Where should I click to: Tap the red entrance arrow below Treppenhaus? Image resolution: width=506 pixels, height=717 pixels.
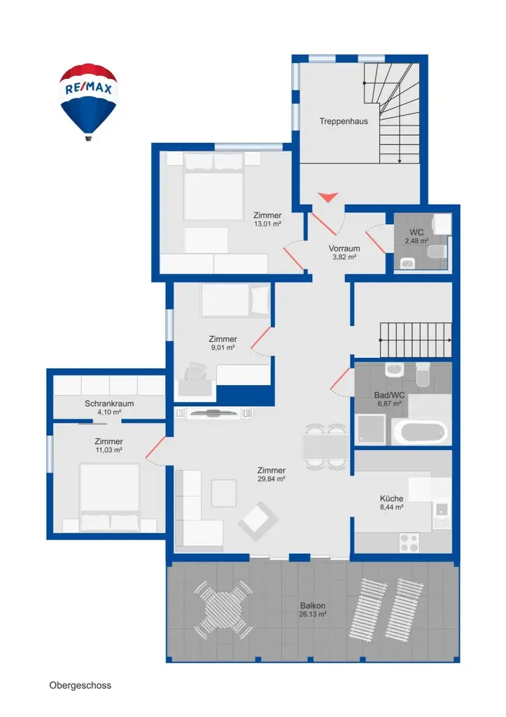click(x=328, y=197)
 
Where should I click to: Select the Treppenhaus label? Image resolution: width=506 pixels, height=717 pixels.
click(x=344, y=121)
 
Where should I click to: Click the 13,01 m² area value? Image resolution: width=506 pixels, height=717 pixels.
click(x=267, y=224)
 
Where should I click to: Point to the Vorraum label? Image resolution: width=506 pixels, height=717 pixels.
click(x=344, y=249)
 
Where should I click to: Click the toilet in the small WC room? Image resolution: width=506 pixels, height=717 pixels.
click(x=437, y=251)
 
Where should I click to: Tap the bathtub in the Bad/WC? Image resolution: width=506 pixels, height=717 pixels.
click(x=420, y=431)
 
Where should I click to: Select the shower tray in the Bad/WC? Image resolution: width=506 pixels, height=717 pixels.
click(x=371, y=429)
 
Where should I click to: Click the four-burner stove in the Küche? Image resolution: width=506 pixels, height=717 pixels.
click(x=409, y=543)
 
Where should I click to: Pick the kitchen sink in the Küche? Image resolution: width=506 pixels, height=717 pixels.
click(x=442, y=515)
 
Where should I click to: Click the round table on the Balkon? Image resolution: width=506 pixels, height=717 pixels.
click(x=223, y=610)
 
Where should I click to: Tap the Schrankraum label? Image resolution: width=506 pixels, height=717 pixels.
click(x=109, y=404)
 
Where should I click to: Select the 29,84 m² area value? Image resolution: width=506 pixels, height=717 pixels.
click(x=272, y=479)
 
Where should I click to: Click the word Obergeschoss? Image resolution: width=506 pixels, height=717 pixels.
click(x=80, y=685)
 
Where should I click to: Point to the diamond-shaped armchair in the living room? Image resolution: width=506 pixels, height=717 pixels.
click(x=258, y=521)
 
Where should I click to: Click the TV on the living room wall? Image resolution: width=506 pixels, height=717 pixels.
click(x=214, y=413)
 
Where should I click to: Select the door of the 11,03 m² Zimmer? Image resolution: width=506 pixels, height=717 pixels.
click(x=155, y=447)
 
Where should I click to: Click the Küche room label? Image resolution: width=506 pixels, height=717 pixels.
click(x=392, y=499)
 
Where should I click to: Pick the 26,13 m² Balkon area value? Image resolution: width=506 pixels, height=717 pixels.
click(x=313, y=615)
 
